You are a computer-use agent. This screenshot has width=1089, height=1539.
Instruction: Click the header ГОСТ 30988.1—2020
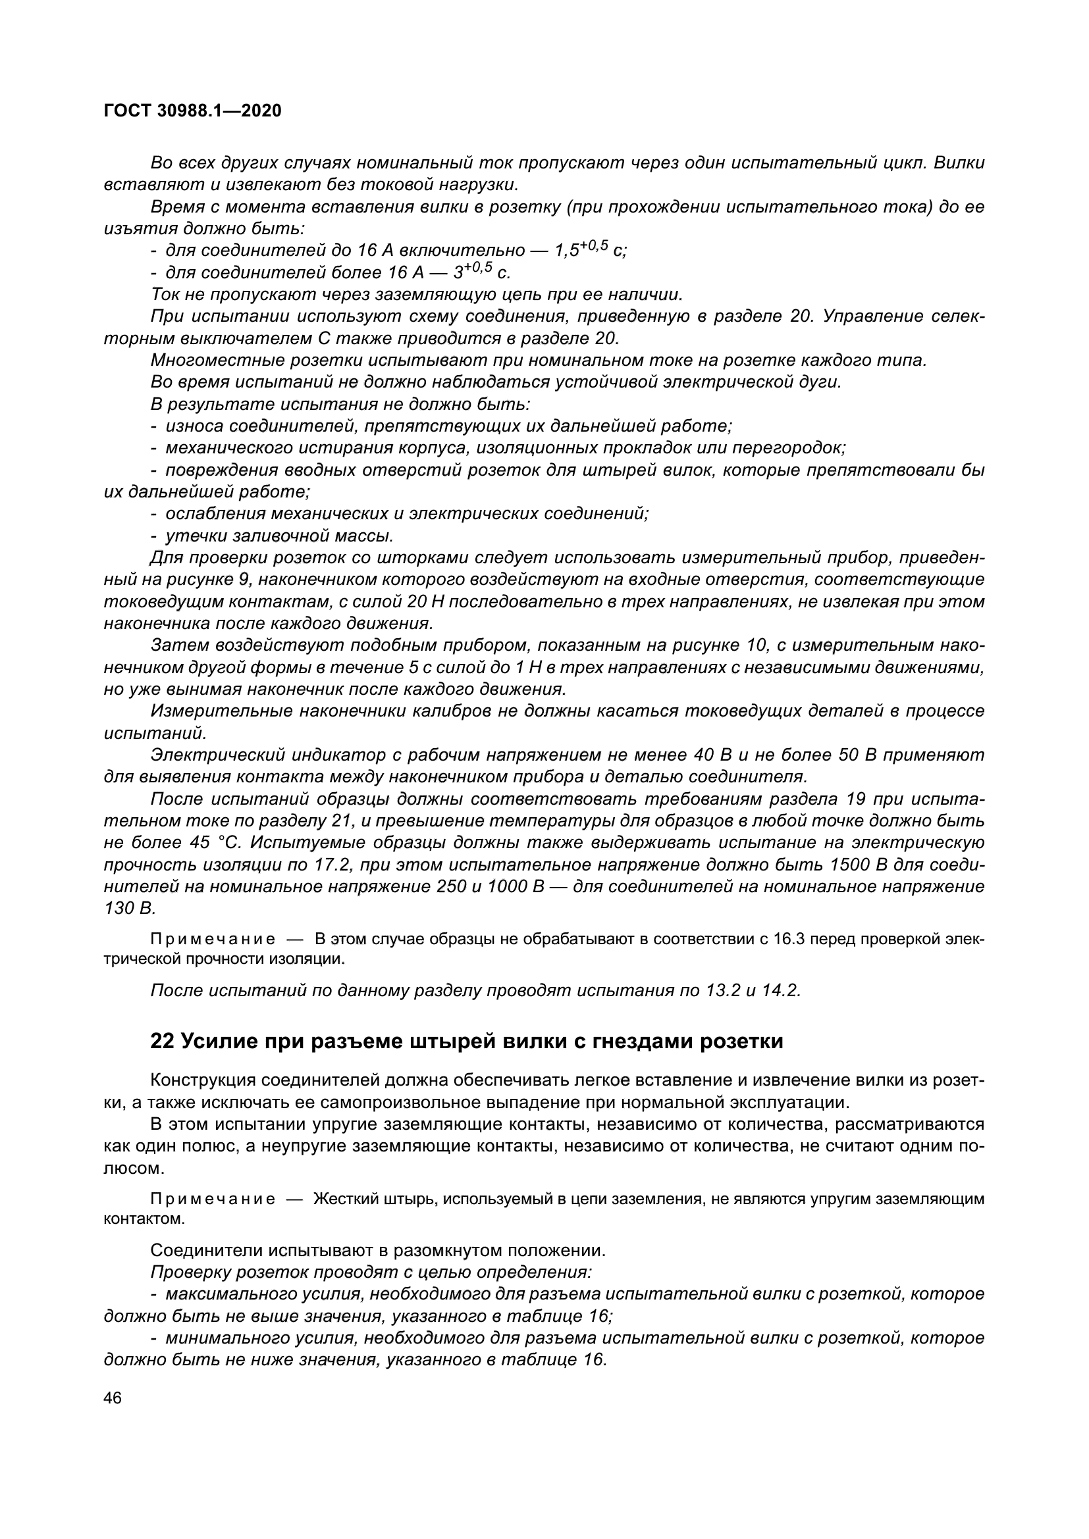[x=192, y=111]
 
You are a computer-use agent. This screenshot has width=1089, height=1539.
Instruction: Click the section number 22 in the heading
[x=161, y=1041]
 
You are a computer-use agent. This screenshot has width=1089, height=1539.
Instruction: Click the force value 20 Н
[x=426, y=601]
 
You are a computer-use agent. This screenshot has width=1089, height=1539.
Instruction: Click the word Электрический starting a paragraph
[x=217, y=755]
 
